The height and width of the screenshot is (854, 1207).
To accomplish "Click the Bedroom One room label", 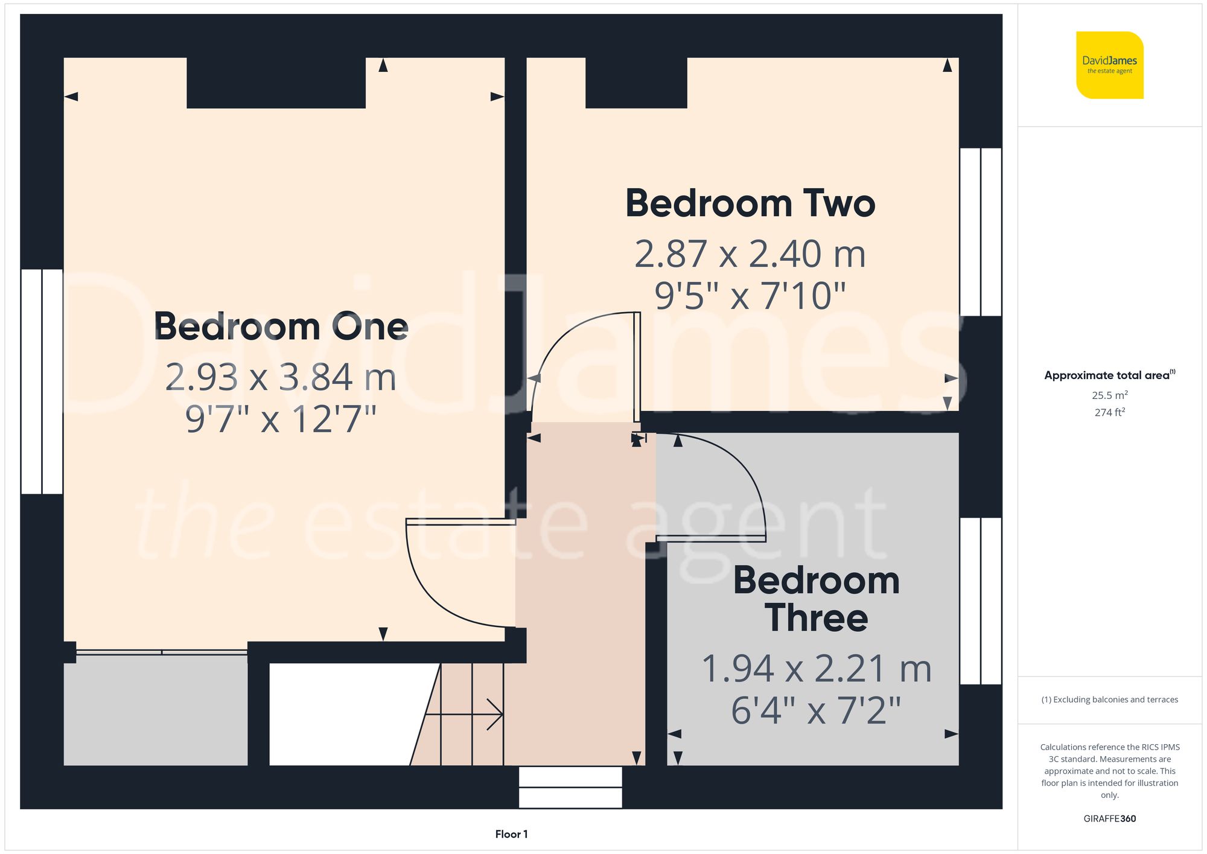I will [281, 327].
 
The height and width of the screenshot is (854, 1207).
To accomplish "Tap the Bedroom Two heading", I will [750, 203].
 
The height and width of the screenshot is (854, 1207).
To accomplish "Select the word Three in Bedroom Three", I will [816, 618].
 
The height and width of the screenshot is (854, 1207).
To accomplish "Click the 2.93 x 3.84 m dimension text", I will [281, 377].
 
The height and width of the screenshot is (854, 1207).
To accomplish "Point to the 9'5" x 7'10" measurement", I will [750, 296].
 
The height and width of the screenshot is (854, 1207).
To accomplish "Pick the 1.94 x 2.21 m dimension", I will [816, 669].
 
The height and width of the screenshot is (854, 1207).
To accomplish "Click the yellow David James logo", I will [1109, 65].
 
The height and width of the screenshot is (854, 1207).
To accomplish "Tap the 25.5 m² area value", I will [1109, 395].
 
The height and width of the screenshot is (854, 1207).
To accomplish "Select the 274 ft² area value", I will [1109, 412].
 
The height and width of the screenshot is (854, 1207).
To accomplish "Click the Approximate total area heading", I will [1109, 375].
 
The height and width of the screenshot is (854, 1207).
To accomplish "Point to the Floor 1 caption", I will [511, 834].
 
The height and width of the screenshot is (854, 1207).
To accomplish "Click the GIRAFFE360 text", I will [1109, 818].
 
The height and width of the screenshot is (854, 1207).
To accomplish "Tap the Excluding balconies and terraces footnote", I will [1109, 699].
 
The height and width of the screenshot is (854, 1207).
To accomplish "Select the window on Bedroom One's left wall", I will [42, 381].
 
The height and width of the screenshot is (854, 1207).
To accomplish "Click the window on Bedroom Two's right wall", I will [980, 232].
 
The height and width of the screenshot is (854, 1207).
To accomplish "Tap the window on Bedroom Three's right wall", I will [980, 601].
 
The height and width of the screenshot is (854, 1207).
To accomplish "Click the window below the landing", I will [570, 787].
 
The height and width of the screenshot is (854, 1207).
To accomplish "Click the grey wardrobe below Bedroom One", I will [156, 710].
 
